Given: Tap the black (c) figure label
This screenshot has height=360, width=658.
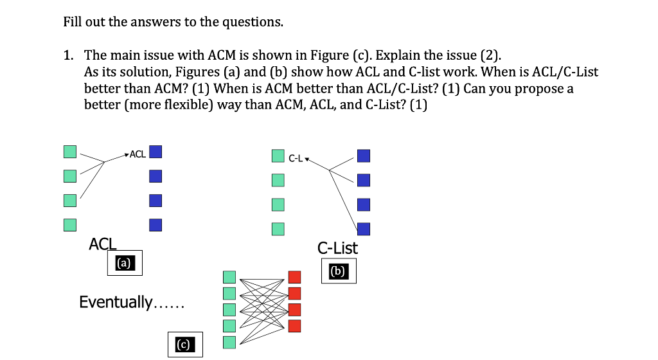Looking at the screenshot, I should click(184, 345).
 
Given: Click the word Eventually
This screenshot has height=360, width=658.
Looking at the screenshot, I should click(116, 302).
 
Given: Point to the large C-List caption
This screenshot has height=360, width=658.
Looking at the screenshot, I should click(338, 248).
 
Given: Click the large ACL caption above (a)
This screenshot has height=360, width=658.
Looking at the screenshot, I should click(103, 244).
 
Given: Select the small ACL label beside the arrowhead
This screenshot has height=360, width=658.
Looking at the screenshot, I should click(138, 154).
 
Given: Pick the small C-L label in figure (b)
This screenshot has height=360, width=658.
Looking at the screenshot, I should click(296, 157).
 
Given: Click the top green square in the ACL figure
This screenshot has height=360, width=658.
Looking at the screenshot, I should click(70, 152).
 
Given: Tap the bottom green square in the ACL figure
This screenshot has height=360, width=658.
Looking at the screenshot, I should click(70, 224).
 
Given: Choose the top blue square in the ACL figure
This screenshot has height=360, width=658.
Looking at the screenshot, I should click(155, 152).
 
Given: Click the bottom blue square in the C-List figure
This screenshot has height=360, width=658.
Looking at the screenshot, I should click(364, 228).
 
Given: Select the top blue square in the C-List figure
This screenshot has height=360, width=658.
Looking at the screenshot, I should click(364, 156).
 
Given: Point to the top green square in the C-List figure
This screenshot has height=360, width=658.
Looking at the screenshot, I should click(278, 156).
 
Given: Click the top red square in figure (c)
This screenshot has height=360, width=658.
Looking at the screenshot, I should click(294, 277).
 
